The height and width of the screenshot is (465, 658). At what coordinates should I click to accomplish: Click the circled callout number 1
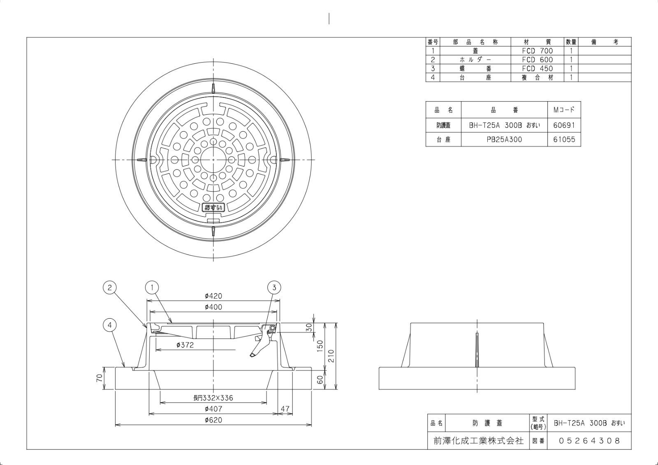pos(152,287)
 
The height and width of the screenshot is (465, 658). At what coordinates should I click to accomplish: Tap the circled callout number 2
pos(109,287)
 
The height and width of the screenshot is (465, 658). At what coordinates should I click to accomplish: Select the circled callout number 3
pos(274,287)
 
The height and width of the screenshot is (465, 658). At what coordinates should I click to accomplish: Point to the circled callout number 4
pos(109,325)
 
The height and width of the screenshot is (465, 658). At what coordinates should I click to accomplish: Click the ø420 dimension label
pos(213,296)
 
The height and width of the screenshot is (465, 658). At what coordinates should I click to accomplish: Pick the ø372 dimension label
pos(185,345)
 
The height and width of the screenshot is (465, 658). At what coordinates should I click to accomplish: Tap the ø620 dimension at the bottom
pos(213,420)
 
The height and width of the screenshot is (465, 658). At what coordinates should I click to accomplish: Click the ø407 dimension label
pos(213,409)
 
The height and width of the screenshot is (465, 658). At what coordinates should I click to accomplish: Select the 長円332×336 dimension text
pos(213,398)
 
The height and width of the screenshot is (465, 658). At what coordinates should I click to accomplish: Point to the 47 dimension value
pos(285,409)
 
